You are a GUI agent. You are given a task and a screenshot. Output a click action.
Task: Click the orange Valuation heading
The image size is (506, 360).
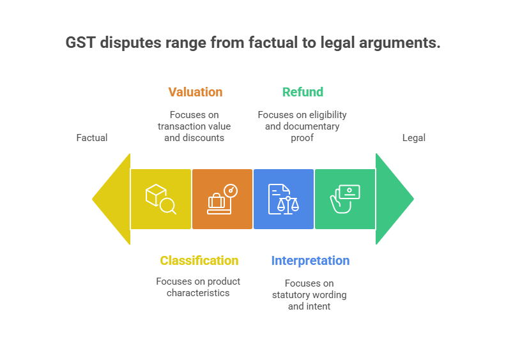195,92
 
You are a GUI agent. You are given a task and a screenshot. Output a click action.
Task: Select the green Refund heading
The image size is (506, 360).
302,92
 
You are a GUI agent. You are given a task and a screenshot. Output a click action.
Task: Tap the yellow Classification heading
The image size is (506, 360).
199,260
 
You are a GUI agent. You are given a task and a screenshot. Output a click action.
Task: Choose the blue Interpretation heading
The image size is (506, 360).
310,260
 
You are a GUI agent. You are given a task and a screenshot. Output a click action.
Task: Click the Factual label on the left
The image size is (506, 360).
92,137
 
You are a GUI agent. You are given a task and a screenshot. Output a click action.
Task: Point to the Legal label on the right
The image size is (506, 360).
413,137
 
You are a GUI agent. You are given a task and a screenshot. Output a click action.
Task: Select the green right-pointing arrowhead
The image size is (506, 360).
392,199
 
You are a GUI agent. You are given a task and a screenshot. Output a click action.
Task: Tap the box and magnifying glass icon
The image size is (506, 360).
160,199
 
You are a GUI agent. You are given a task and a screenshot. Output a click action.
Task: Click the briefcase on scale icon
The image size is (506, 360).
222,199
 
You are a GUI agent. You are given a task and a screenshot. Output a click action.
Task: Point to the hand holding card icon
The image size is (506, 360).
345,199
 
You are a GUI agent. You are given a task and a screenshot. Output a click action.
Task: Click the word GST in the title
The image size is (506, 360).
80,43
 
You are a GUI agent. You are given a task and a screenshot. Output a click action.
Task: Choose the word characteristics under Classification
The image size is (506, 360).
198,292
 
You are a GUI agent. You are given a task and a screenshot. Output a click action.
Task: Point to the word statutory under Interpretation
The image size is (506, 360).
295,294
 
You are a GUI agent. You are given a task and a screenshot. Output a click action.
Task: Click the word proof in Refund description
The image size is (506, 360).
302,137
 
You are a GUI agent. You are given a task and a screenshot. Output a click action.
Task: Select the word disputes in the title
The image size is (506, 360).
126,43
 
